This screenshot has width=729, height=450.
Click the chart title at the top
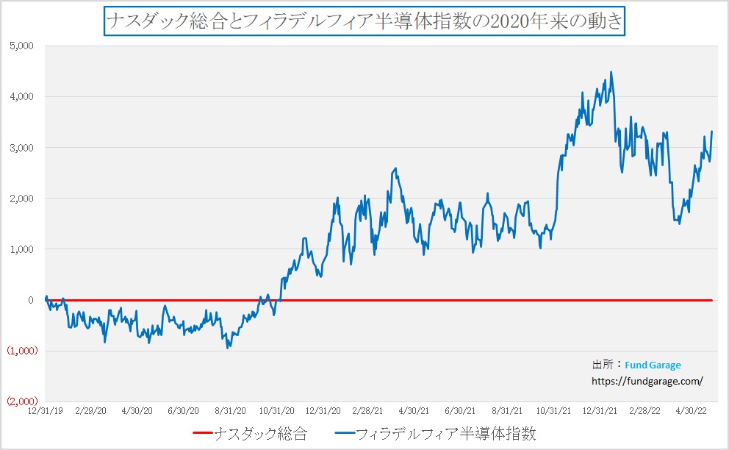(x=364, y=21)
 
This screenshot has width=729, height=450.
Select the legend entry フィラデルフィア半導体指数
(x=440, y=435)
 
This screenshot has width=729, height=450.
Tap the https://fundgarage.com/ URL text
(x=647, y=381)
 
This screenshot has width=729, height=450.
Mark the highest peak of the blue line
(x=611, y=72)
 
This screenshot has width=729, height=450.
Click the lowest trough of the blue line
(x=228, y=347)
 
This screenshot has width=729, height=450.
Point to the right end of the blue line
(x=712, y=132)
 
